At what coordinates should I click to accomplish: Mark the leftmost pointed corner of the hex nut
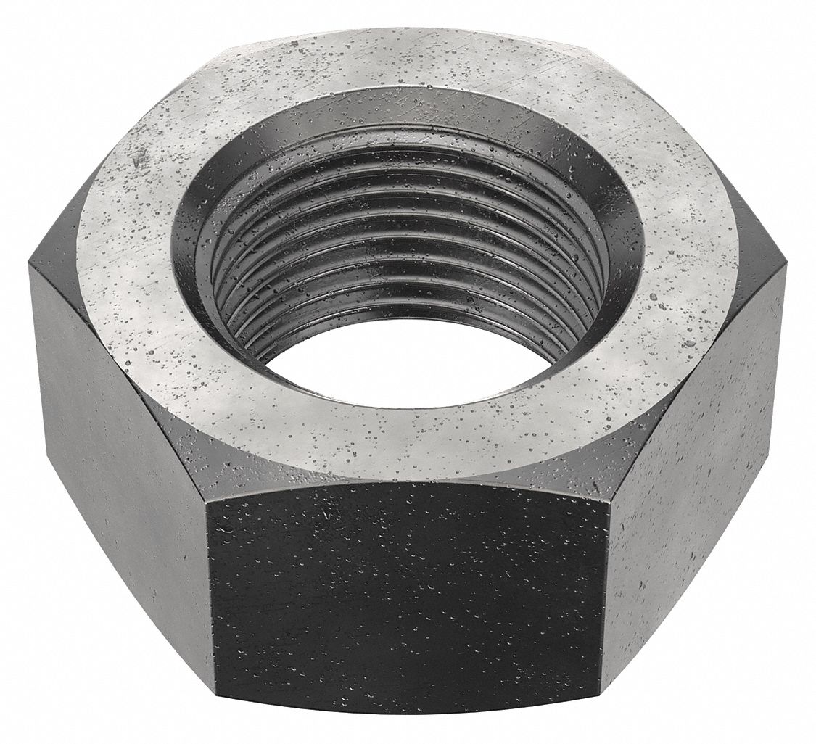[x=29, y=265]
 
